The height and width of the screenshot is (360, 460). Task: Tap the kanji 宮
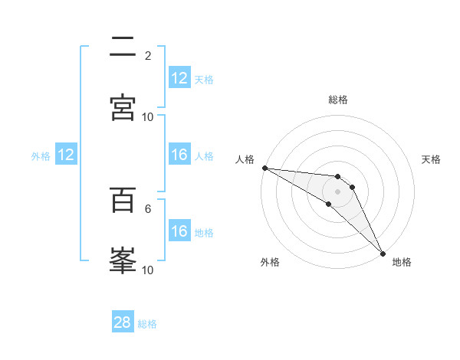(x=123, y=107)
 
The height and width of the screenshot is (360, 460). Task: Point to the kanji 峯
(x=123, y=260)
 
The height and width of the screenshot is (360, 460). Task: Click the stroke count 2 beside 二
(x=148, y=55)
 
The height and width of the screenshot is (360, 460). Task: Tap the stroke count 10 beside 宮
(x=148, y=116)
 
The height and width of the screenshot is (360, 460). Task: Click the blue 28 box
(x=123, y=322)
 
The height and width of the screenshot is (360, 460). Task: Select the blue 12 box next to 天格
(x=179, y=78)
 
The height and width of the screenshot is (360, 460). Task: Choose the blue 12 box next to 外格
(x=66, y=155)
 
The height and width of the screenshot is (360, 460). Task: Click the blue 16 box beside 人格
(x=179, y=155)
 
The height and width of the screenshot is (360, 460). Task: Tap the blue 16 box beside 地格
(x=179, y=231)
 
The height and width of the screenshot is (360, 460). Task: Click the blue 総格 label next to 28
(x=147, y=324)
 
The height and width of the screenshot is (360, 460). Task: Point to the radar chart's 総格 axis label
(x=338, y=100)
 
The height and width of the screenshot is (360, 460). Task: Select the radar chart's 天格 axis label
(x=431, y=159)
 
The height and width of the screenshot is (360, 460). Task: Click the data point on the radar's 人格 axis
(x=264, y=168)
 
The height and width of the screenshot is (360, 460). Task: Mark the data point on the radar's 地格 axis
(x=383, y=253)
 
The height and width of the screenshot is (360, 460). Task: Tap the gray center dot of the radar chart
(x=338, y=191)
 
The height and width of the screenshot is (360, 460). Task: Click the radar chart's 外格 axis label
(x=270, y=262)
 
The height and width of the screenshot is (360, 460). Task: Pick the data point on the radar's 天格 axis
(x=353, y=186)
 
